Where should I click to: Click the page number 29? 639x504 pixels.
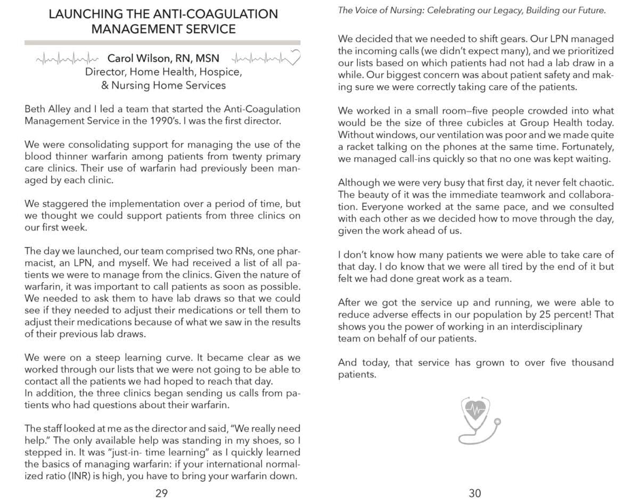tap(161, 493)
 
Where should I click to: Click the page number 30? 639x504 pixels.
tap(474, 493)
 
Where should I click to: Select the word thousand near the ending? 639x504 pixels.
tap(592, 362)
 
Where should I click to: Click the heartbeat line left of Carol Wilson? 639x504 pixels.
tap(68, 58)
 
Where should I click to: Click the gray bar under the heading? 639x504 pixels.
tap(162, 42)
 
